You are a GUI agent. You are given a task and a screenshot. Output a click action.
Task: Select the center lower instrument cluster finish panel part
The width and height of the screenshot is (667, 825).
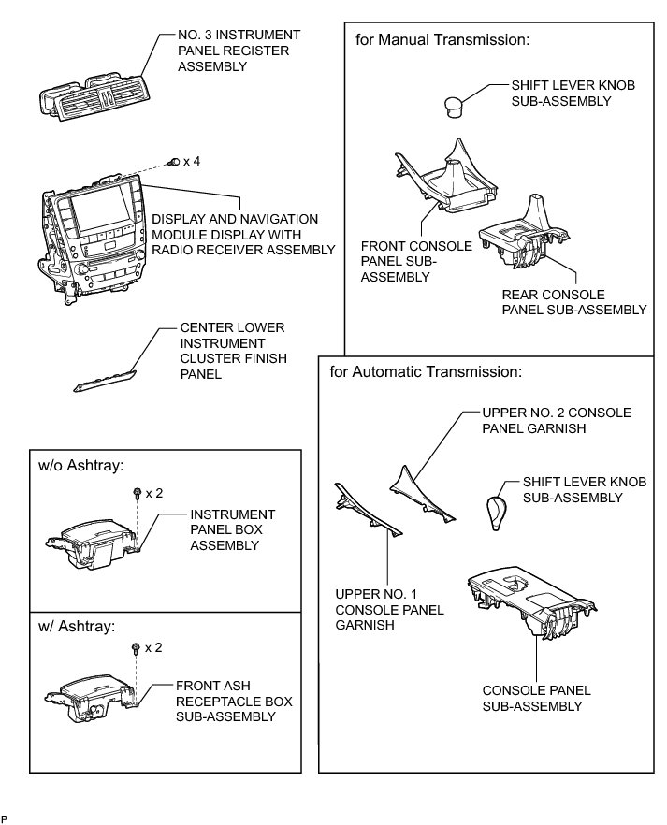[105, 380]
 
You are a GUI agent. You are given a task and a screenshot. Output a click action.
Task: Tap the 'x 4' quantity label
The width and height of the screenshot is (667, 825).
[192, 162]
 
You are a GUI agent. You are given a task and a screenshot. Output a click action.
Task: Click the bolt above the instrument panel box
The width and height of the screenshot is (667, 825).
[138, 492]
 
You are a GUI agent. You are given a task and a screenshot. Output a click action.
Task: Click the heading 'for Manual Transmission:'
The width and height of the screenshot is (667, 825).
[442, 40]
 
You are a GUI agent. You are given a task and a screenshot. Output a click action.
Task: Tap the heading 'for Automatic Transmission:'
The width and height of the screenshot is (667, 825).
[426, 372]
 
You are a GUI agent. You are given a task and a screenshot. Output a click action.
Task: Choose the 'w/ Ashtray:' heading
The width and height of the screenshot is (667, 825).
[77, 626]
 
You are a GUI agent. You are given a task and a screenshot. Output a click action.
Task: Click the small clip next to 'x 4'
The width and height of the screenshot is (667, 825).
[174, 163]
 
